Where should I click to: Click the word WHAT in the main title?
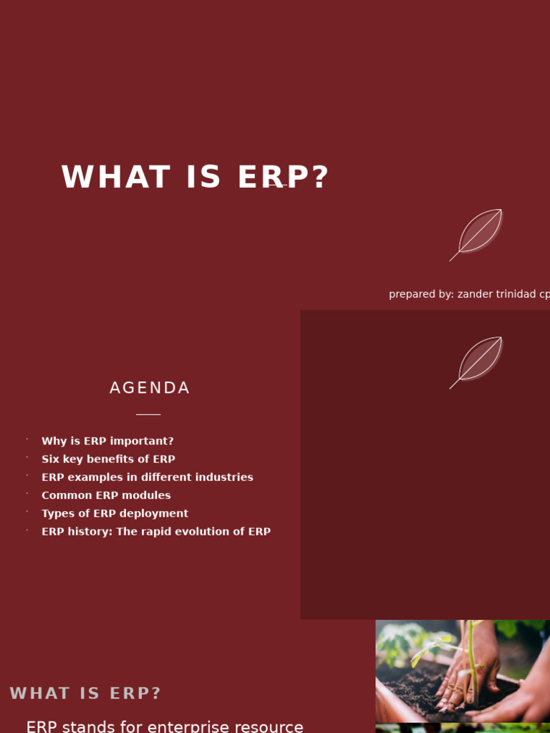click(115, 178)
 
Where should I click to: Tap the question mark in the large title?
click(322, 178)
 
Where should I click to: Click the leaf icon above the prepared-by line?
click(476, 235)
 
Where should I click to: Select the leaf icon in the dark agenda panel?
click(476, 362)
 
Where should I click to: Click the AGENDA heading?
click(150, 388)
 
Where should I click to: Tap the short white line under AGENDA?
click(148, 414)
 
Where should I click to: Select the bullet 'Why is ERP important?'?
click(107, 441)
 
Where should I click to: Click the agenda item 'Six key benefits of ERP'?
click(109, 459)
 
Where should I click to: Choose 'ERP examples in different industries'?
click(148, 477)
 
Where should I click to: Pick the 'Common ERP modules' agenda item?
click(106, 495)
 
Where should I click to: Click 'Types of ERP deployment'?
click(115, 513)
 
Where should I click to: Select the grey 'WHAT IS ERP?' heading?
click(85, 693)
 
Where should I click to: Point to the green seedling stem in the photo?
click(470, 664)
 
